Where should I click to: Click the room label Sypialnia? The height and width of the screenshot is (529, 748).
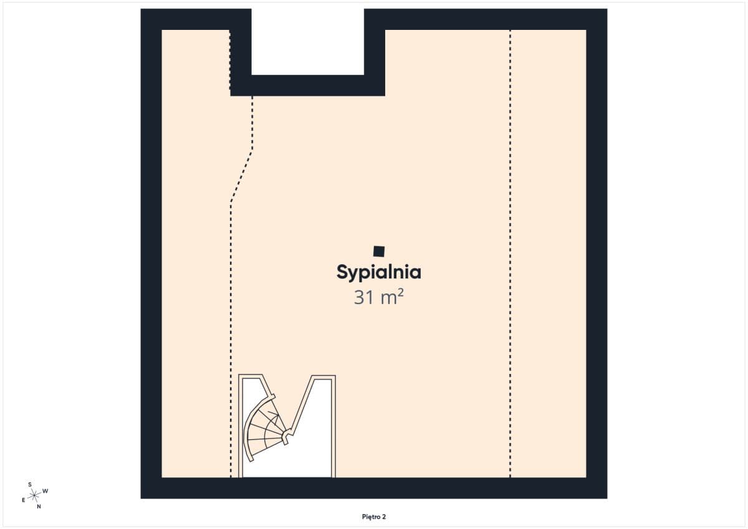coord(379,273)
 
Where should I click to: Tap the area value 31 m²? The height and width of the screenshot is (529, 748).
coord(379,297)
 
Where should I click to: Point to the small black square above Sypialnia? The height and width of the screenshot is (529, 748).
coord(379,251)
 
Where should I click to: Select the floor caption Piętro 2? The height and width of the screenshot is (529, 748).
coord(373,517)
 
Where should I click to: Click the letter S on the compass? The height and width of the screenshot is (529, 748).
coord(30,485)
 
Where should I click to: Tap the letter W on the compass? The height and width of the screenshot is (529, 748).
coord(46,491)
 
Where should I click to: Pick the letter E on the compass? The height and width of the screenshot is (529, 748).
coord(24,500)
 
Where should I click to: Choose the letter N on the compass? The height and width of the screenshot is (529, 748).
coord(39,507)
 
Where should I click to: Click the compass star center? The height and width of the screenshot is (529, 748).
coord(34,495)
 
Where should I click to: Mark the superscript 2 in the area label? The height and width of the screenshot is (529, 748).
coord(401,292)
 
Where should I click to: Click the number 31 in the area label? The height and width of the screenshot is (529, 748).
coord(363,297)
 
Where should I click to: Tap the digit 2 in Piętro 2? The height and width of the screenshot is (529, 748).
coord(384,517)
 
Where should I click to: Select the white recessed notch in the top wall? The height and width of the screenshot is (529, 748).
coord(307,42)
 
